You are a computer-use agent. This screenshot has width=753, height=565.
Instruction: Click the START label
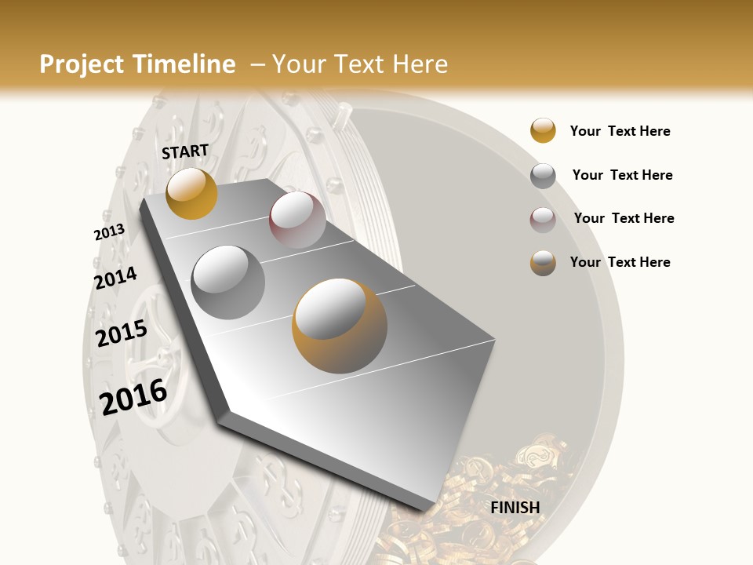tap(185, 151)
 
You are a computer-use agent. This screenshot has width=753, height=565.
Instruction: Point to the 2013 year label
tap(109, 232)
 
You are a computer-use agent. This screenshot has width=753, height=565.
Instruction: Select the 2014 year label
tap(115, 278)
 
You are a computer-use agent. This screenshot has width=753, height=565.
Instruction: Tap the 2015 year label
tap(122, 334)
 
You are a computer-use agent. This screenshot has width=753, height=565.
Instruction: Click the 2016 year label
tap(133, 396)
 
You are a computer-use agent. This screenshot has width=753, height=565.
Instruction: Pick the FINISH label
tap(515, 508)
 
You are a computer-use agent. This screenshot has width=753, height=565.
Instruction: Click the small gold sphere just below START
tap(191, 193)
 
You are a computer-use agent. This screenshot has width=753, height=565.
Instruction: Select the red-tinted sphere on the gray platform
tap(297, 220)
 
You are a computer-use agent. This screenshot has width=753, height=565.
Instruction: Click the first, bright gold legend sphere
tap(543, 131)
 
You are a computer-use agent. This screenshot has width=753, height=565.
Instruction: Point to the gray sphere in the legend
tap(543, 176)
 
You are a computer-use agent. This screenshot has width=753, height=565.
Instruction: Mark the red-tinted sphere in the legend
tap(543, 220)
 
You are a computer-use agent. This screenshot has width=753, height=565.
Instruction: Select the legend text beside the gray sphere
tap(622, 175)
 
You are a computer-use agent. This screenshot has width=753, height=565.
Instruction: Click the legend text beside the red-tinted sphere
tap(624, 218)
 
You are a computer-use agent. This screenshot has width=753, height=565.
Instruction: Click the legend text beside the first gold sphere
tap(620, 131)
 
